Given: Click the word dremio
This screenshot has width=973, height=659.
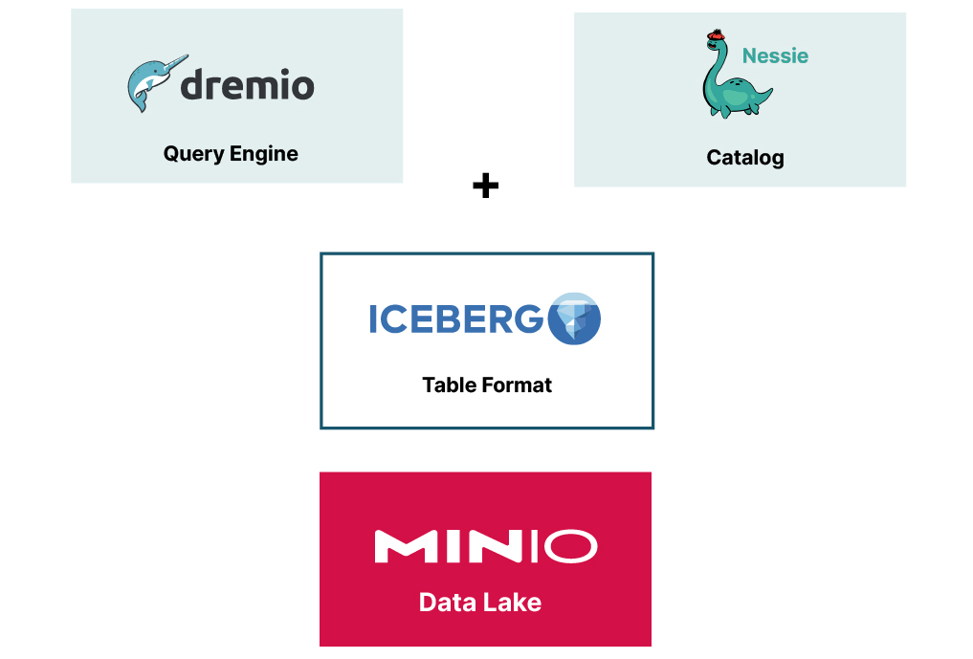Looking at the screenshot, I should pyautogui.click(x=248, y=86).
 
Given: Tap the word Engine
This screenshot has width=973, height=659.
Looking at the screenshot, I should pyautogui.click(x=264, y=154).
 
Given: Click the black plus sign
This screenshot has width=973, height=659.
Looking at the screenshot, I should pyautogui.click(x=486, y=186).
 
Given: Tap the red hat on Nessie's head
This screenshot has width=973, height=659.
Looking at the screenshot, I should pyautogui.click(x=715, y=36).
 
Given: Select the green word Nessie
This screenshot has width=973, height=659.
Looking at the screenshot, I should pyautogui.click(x=775, y=55).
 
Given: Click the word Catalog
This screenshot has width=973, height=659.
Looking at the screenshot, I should pyautogui.click(x=745, y=158).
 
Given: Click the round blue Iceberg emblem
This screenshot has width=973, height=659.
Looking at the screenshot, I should pyautogui.click(x=574, y=319).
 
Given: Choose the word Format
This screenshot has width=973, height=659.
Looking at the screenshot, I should pyautogui.click(x=518, y=385).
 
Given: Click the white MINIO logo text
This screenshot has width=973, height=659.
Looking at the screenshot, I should pyautogui.click(x=485, y=546).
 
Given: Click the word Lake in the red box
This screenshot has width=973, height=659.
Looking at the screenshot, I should pyautogui.click(x=514, y=603).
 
